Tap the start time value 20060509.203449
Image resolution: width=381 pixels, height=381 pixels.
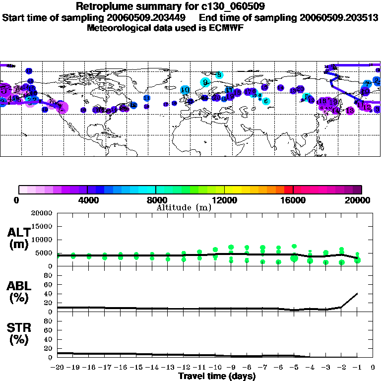click(148, 17)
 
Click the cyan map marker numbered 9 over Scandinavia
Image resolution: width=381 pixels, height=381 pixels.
click(205, 82)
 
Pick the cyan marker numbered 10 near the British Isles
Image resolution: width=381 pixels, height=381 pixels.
click(185, 90)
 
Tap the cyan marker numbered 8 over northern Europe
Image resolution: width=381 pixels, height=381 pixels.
click(219, 75)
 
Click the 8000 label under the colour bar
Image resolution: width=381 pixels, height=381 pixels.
click(155, 200)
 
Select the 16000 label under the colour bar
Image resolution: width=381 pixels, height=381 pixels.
click(293, 200)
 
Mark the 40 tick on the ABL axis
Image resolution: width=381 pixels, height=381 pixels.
click(49, 294)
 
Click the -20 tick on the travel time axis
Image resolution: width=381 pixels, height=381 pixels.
click(58, 368)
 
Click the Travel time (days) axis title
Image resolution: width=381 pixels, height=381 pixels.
click(217, 376)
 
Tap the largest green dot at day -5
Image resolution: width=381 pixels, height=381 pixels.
click(294, 258)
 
